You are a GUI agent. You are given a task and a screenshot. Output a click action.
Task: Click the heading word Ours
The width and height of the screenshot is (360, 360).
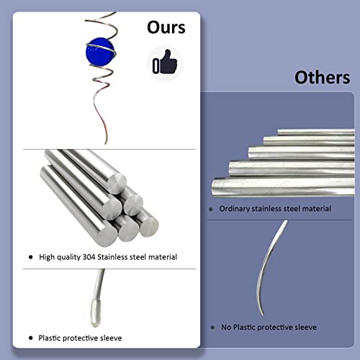coord(166,27)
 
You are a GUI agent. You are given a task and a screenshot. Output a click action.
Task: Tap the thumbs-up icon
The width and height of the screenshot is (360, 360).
coord(165,62)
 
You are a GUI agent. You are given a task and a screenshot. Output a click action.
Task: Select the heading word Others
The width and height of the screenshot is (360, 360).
coord(323,77)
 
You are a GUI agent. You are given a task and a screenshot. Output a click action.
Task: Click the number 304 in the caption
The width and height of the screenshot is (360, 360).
coord(89,257)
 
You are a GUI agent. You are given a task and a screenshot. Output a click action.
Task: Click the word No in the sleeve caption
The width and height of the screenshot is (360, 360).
coord(226,327)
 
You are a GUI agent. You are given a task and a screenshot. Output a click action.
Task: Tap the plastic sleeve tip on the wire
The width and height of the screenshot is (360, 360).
coord(95,313)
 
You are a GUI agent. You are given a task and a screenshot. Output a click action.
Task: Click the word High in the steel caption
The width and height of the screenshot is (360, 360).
coord(46,257)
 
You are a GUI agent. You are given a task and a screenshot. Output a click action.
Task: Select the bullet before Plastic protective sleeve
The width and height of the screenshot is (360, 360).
coord(30,338)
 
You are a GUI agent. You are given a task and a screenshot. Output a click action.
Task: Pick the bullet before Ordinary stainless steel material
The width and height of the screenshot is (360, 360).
coord(211,210)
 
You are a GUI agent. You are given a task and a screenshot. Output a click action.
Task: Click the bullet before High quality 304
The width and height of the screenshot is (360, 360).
coord(30,257)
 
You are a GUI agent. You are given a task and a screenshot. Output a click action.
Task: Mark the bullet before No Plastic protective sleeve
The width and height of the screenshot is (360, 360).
coord(212,328)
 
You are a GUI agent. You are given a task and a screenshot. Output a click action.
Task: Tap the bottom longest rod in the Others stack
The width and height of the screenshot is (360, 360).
coord(283,187)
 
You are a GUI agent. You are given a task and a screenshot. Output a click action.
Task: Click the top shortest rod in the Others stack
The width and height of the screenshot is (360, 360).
coord(316,132)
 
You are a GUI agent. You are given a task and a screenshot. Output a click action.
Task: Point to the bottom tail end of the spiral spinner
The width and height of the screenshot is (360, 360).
coord(106,143)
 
